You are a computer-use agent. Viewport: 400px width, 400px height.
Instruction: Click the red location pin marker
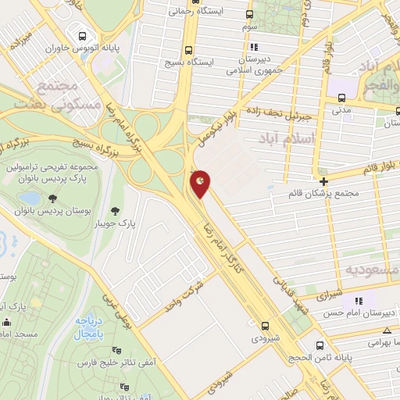tap(201, 182)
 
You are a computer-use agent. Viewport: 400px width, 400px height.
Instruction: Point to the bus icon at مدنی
tap(341, 98)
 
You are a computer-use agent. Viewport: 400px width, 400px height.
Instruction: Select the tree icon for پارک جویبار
tap(116, 211)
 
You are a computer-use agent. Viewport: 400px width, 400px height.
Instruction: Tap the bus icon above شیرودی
tap(266, 325)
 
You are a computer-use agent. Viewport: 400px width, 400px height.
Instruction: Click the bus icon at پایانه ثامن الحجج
tap(320, 345)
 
